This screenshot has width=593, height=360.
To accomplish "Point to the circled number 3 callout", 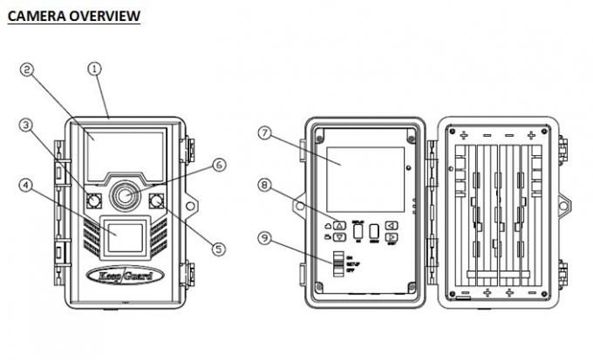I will (26, 126).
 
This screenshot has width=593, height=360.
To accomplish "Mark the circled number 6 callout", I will (218, 164).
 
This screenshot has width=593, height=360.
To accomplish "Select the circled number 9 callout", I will (265, 235).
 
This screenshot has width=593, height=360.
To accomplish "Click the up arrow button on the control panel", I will (339, 222).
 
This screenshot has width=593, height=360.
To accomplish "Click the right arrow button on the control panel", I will (392, 236).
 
